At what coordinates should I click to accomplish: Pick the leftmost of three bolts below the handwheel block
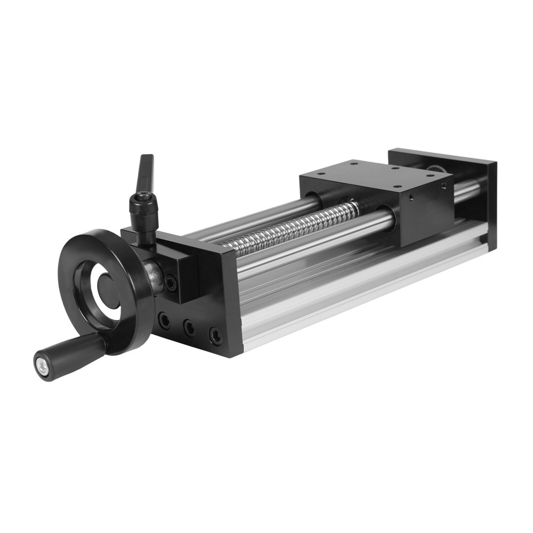point(165,320)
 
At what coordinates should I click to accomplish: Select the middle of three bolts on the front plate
point(189,327)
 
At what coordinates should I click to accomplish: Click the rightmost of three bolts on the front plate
point(215,335)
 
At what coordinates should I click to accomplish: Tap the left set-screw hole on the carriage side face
point(411,197)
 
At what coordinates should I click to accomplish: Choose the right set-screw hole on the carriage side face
point(443,186)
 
